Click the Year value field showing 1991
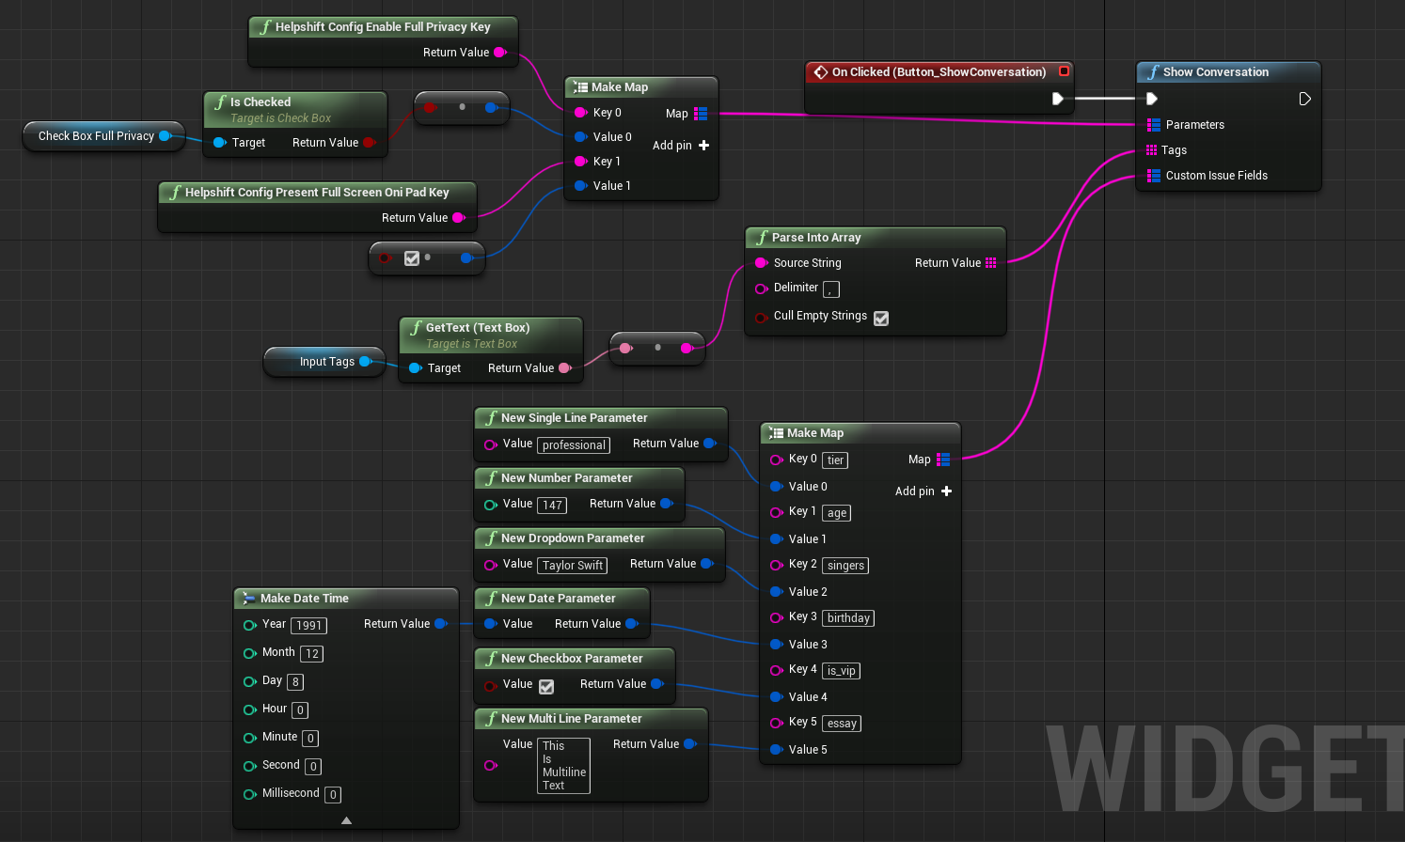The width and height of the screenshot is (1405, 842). (x=308, y=626)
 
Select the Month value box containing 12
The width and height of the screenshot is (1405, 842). (x=312, y=654)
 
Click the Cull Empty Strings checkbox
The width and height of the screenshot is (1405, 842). (x=881, y=319)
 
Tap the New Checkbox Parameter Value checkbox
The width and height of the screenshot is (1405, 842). (x=546, y=687)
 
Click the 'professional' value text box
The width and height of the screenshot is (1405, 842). (x=574, y=445)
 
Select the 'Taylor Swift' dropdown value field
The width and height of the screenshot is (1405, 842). (x=573, y=566)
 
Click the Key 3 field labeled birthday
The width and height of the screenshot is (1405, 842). (x=848, y=618)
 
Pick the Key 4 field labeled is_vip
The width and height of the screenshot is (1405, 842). (x=841, y=671)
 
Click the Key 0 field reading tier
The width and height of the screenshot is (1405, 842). (x=835, y=460)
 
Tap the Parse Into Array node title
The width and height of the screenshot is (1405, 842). (x=815, y=238)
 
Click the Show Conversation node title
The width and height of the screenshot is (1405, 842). (x=1215, y=72)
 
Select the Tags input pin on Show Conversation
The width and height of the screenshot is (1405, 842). (x=1152, y=150)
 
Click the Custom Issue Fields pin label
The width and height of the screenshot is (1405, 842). (x=1216, y=176)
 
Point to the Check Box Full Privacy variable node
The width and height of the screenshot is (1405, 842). (x=96, y=136)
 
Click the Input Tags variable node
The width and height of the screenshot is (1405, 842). (x=326, y=362)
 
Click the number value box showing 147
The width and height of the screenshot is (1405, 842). (x=552, y=506)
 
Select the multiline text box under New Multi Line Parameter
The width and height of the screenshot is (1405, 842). (x=563, y=766)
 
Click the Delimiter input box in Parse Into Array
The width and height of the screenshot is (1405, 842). (x=831, y=289)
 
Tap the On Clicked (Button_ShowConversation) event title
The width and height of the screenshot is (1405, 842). (x=938, y=72)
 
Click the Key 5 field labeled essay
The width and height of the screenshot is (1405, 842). (x=842, y=724)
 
